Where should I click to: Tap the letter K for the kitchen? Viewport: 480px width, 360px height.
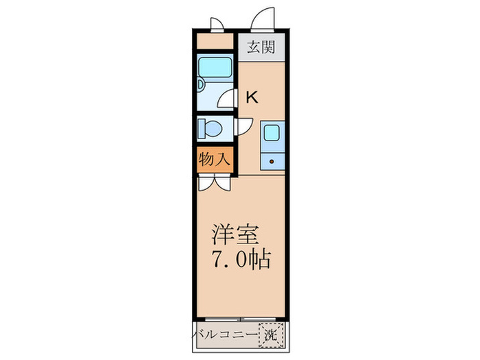(x=252, y=97)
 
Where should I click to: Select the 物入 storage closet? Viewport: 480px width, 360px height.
(x=214, y=160)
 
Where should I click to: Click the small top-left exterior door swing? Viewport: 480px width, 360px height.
(x=217, y=25)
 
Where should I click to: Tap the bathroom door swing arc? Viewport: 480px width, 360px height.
(x=228, y=100)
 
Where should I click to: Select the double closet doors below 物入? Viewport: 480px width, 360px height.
(x=214, y=182)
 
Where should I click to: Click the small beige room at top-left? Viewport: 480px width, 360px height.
(x=215, y=42)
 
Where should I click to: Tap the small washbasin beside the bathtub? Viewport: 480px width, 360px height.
(x=200, y=85)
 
